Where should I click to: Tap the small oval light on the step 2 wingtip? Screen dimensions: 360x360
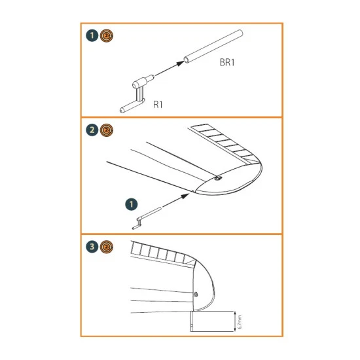[217, 177]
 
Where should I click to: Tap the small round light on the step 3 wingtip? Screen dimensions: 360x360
[196, 293]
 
